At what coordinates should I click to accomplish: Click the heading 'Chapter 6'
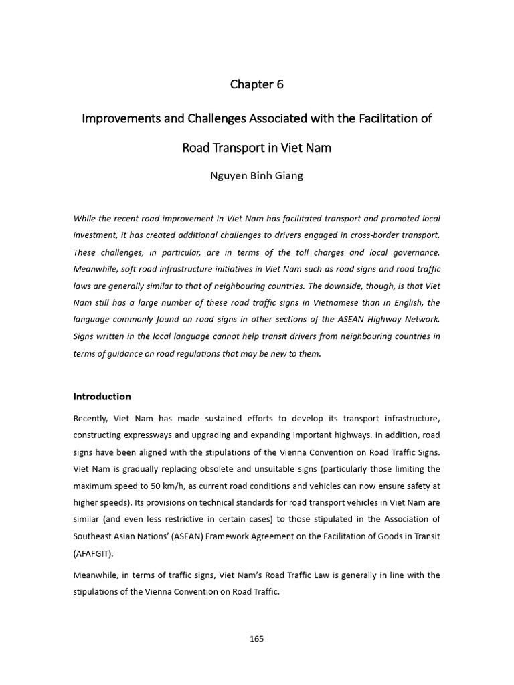point(256,84)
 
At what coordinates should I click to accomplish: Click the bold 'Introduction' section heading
point(102,396)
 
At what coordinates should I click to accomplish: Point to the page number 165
point(256,639)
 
